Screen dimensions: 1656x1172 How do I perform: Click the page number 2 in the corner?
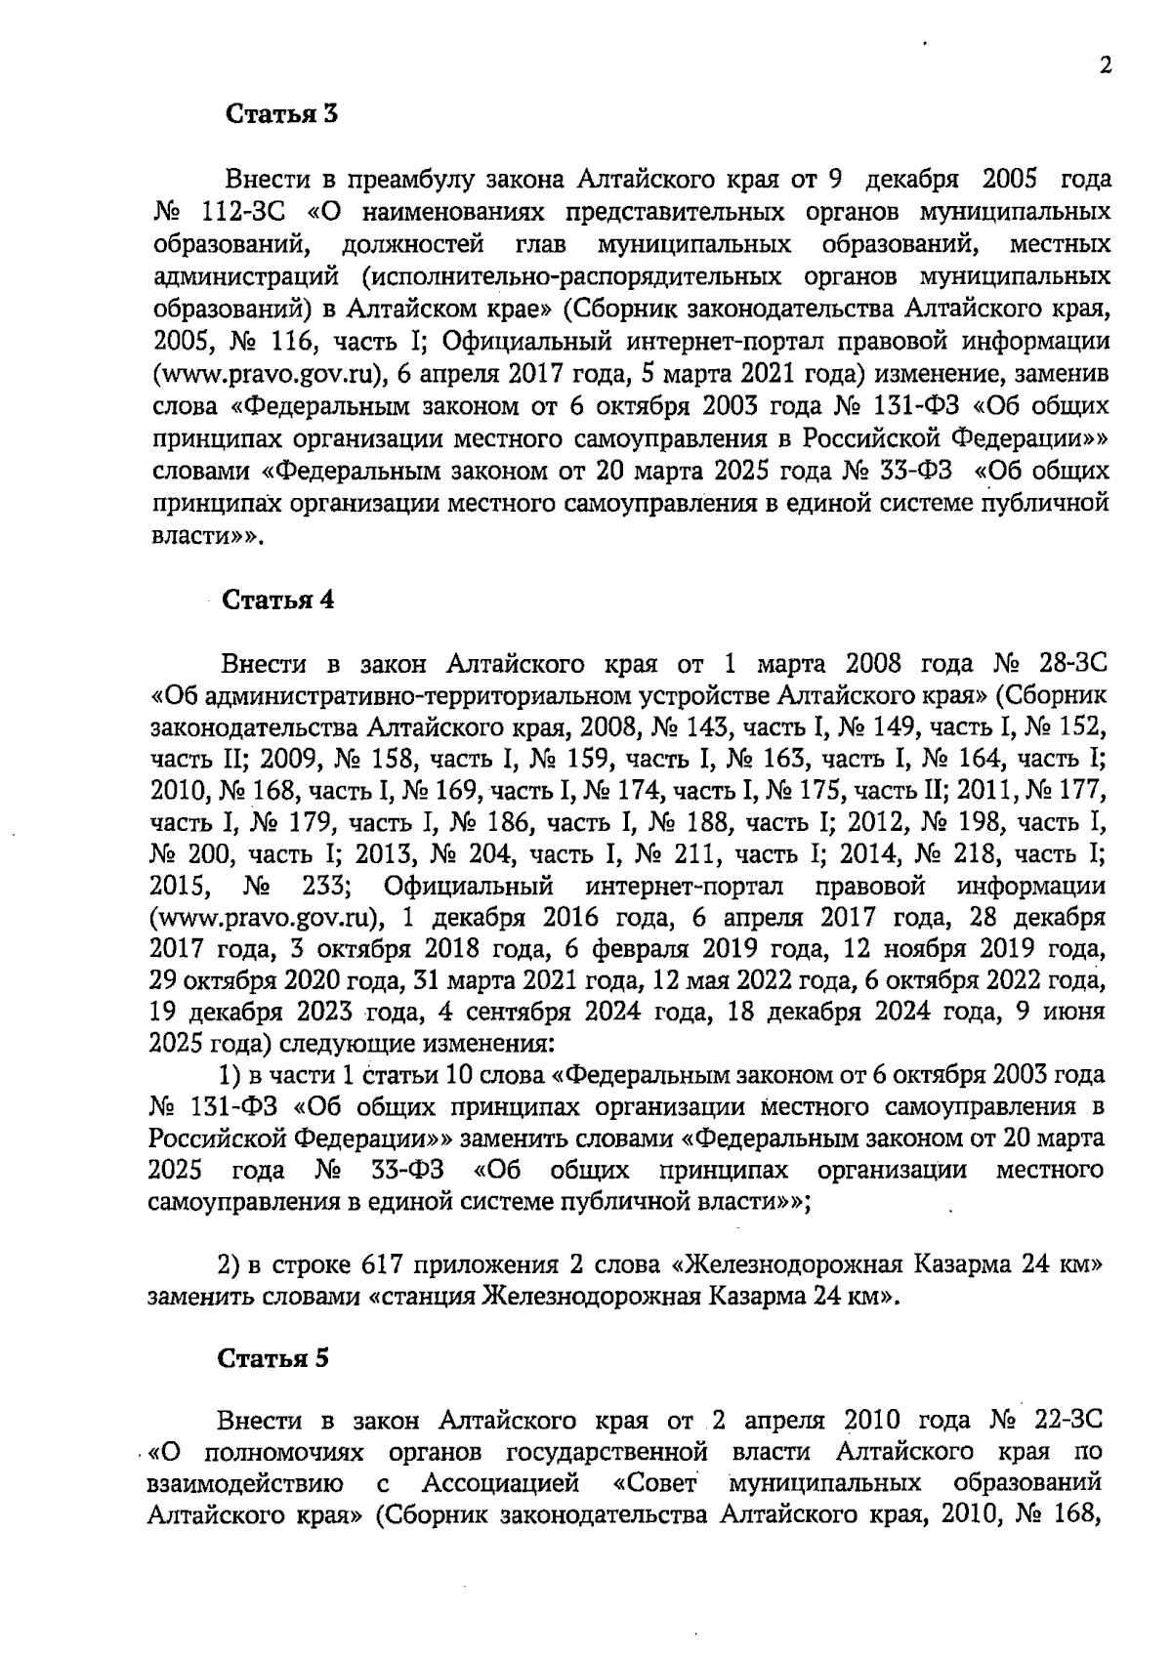click(1106, 66)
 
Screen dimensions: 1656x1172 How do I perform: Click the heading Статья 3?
click(281, 114)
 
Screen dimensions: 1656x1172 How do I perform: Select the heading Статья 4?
click(279, 600)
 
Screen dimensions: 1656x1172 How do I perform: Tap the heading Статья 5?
click(273, 1358)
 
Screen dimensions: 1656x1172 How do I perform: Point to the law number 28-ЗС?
click(1070, 665)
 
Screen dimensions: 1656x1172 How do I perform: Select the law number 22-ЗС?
click(1066, 1418)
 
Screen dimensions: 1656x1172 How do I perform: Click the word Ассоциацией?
click(501, 1483)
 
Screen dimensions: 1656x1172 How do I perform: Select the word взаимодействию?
click(243, 1483)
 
